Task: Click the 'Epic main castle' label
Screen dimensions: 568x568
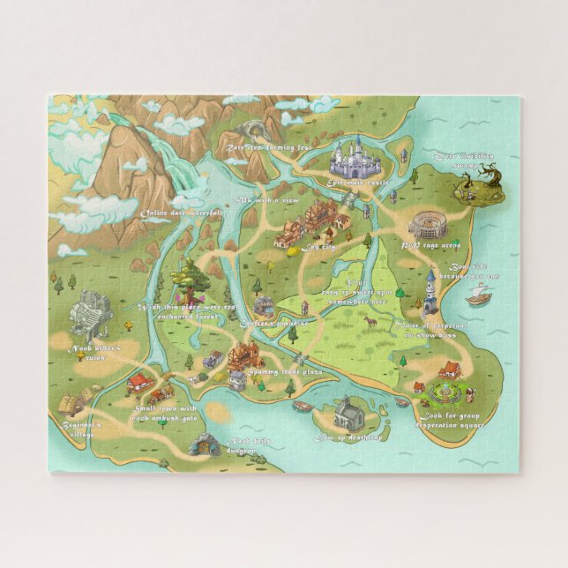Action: click(x=358, y=182)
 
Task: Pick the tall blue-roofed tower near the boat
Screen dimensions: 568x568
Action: click(x=430, y=294)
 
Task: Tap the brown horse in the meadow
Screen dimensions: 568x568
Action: click(x=372, y=322)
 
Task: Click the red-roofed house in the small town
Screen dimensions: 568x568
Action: click(x=139, y=383)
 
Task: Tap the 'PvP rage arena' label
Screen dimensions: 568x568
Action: click(x=430, y=245)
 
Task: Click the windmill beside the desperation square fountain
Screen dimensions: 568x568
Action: click(x=470, y=391)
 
